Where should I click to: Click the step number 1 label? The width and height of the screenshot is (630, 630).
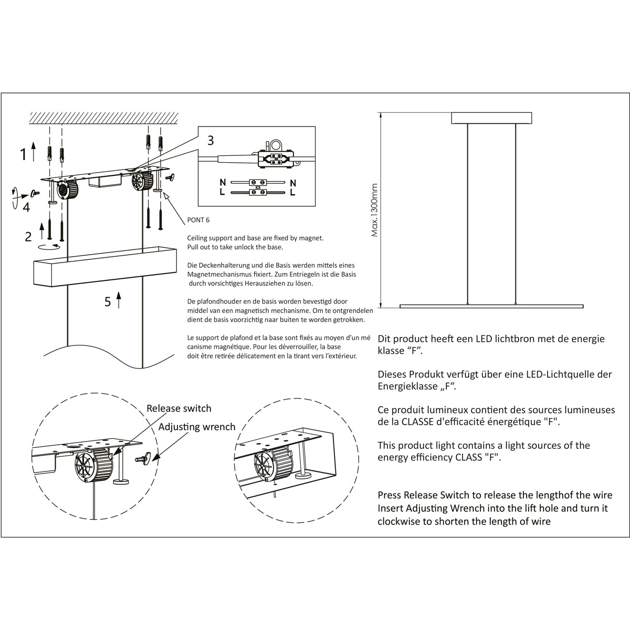tap(23, 154)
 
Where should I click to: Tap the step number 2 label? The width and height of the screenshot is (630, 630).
tap(28, 236)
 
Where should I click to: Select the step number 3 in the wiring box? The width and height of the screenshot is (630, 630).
tap(211, 140)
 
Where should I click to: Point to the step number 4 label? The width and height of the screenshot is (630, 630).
tap(26, 207)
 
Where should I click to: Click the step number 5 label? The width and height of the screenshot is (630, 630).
tap(108, 301)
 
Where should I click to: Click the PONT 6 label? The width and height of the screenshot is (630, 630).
tap(198, 220)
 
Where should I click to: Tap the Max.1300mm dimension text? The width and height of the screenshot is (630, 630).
tap(375, 210)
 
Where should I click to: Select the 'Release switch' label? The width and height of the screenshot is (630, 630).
tap(178, 408)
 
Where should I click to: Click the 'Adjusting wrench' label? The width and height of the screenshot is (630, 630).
tap(197, 426)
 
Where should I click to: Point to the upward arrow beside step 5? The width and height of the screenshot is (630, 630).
tap(119, 300)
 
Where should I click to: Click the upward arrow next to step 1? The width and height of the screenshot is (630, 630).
tap(34, 151)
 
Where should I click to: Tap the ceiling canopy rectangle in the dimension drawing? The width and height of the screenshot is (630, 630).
tap(491, 118)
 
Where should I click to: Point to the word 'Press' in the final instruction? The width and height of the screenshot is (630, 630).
tap(389, 495)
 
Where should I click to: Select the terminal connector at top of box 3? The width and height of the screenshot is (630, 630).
tap(275, 157)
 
